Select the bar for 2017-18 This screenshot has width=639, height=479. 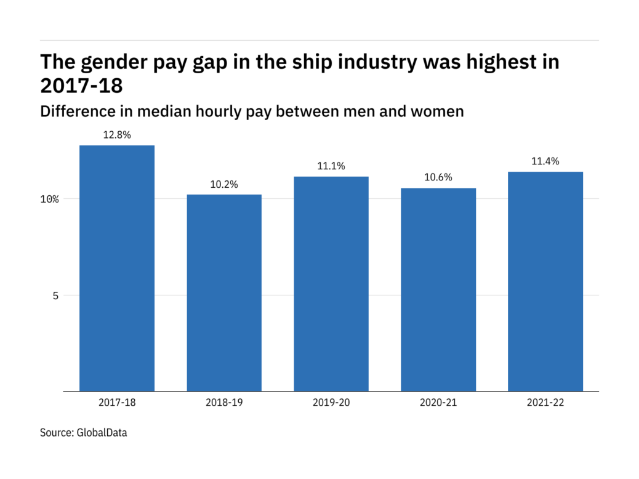117,268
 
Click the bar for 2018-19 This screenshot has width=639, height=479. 224,292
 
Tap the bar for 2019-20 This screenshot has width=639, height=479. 331,284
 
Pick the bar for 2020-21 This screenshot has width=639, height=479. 438,289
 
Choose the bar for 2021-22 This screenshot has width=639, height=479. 545,281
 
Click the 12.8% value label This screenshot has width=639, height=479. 117,134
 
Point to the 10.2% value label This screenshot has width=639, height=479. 224,184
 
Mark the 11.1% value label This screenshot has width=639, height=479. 331,166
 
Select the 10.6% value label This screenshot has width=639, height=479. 438,177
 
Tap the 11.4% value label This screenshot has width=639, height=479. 545,161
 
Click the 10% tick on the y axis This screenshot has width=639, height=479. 50,199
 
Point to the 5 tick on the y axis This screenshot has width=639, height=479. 55,296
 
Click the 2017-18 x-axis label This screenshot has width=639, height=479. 117,403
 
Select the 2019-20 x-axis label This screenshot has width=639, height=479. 331,403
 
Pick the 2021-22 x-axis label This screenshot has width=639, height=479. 545,403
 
